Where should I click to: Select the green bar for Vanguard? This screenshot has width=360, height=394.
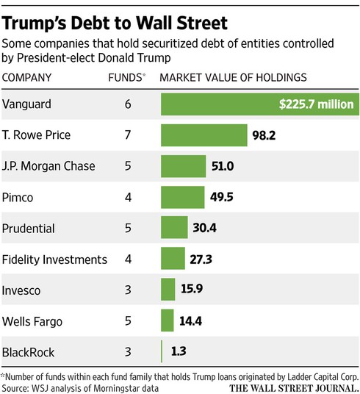tap(220, 104)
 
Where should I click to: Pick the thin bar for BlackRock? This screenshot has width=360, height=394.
tap(162, 351)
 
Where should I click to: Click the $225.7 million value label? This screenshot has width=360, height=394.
tap(316, 104)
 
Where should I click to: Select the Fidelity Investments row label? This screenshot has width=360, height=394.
tap(55, 259)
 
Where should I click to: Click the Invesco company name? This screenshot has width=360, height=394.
tap(26, 290)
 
